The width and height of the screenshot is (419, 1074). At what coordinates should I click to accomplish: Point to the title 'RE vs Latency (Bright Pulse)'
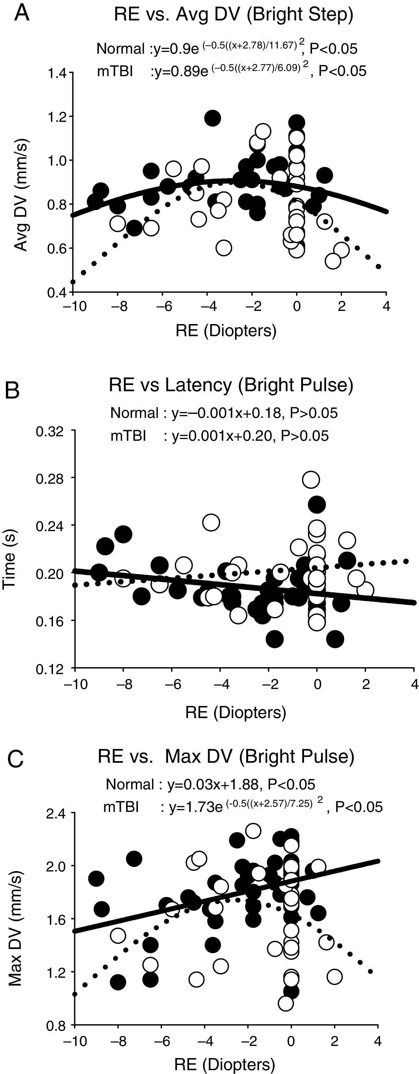pyautogui.click(x=231, y=384)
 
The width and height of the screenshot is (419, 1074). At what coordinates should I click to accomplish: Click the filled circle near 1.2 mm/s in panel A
pyautogui.click(x=213, y=118)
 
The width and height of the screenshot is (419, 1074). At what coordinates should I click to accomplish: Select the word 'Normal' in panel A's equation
pyautogui.click(x=120, y=49)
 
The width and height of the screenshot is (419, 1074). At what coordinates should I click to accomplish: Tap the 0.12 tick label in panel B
pyautogui.click(x=50, y=668)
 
